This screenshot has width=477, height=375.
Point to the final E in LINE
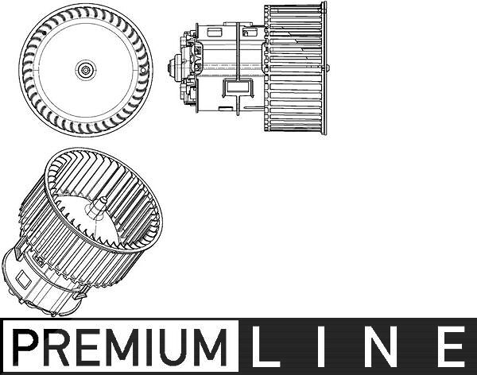452,346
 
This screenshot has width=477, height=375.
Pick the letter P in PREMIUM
25,347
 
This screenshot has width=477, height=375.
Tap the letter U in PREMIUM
180,347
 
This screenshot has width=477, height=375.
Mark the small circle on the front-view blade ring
143,70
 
